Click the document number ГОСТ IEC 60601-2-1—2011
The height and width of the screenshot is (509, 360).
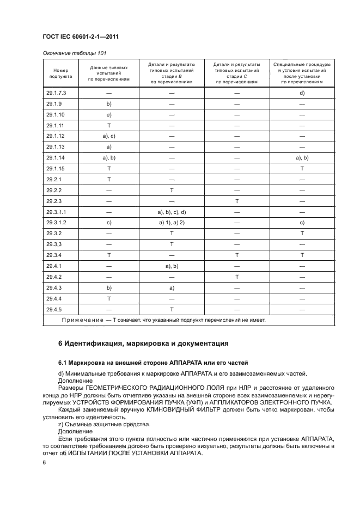(81, 36)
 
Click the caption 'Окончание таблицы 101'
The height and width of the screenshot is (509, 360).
(74, 53)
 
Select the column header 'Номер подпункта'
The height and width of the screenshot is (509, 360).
(57, 73)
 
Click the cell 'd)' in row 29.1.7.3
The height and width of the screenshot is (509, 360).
(302, 93)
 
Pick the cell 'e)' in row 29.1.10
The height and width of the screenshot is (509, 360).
(109, 115)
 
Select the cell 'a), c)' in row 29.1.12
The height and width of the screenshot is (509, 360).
(109, 136)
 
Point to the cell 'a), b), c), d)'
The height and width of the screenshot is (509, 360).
(172, 211)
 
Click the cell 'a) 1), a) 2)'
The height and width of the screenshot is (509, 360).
(172, 222)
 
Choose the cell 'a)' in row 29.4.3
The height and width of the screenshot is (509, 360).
(172, 287)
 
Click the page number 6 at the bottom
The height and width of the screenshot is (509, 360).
(44, 462)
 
